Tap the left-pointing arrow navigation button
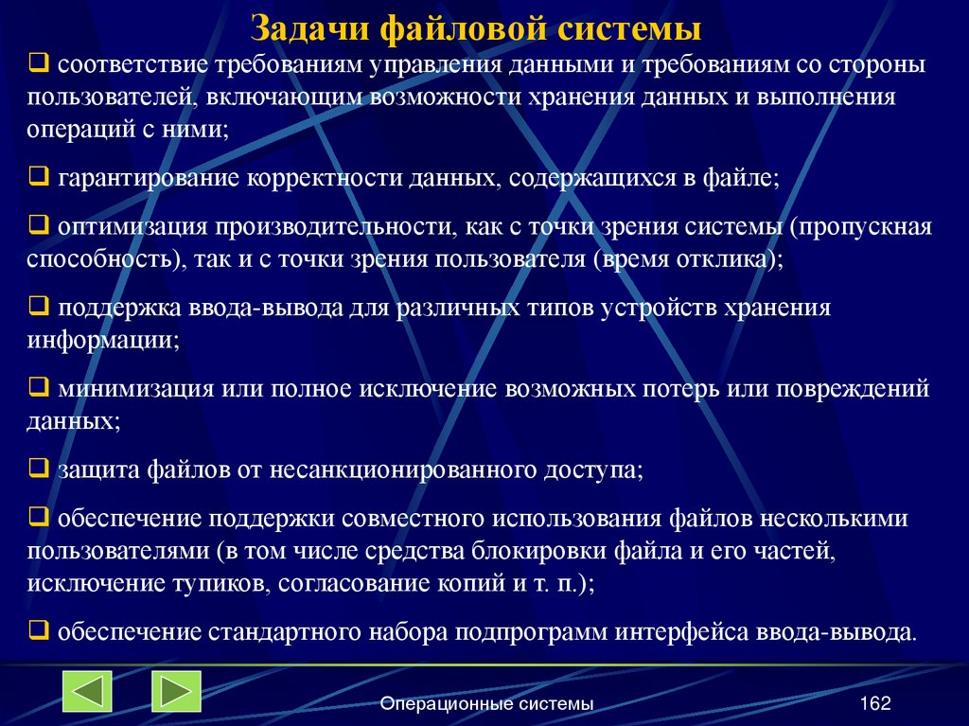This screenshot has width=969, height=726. click(87, 691)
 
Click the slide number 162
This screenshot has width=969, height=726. click(875, 702)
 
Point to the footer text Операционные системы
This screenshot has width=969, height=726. click(486, 703)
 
